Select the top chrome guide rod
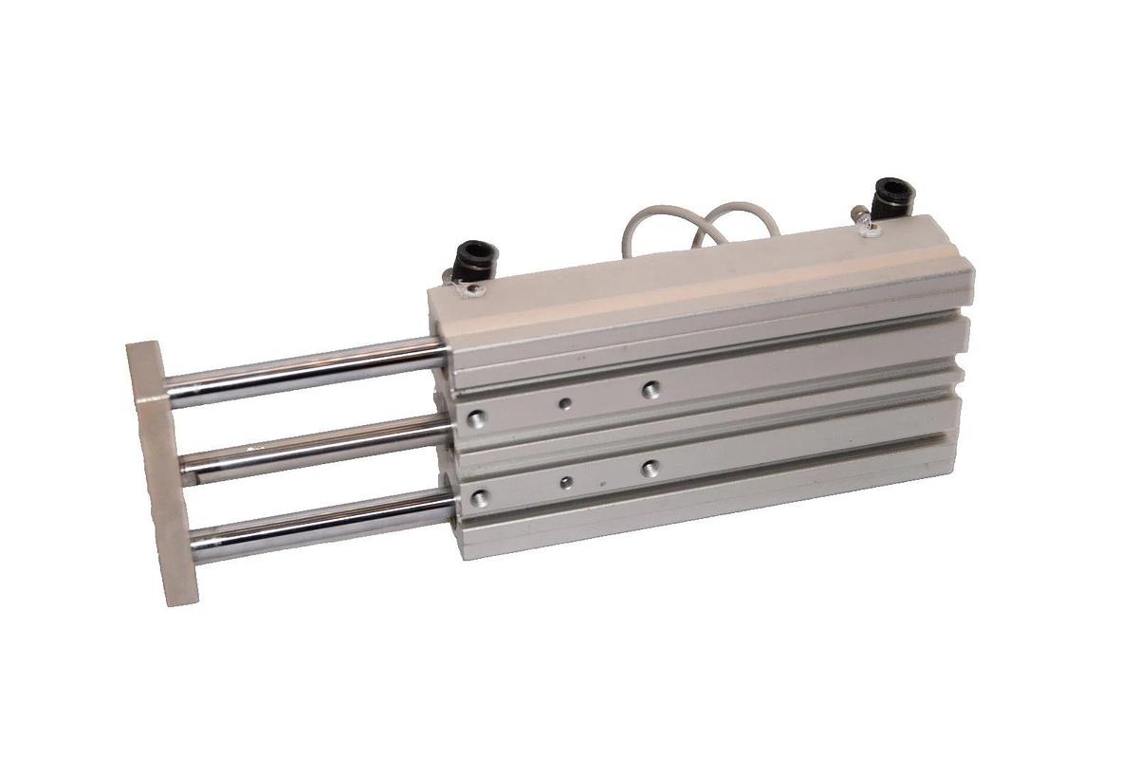coord(303,372)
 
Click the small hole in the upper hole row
coord(565,403)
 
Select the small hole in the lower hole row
coord(565,482)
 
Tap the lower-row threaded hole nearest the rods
coord(480,495)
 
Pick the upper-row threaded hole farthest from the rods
coord(650,388)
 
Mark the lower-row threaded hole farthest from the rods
coord(650,468)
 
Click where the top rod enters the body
coord(442,353)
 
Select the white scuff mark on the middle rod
coord(249,445)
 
